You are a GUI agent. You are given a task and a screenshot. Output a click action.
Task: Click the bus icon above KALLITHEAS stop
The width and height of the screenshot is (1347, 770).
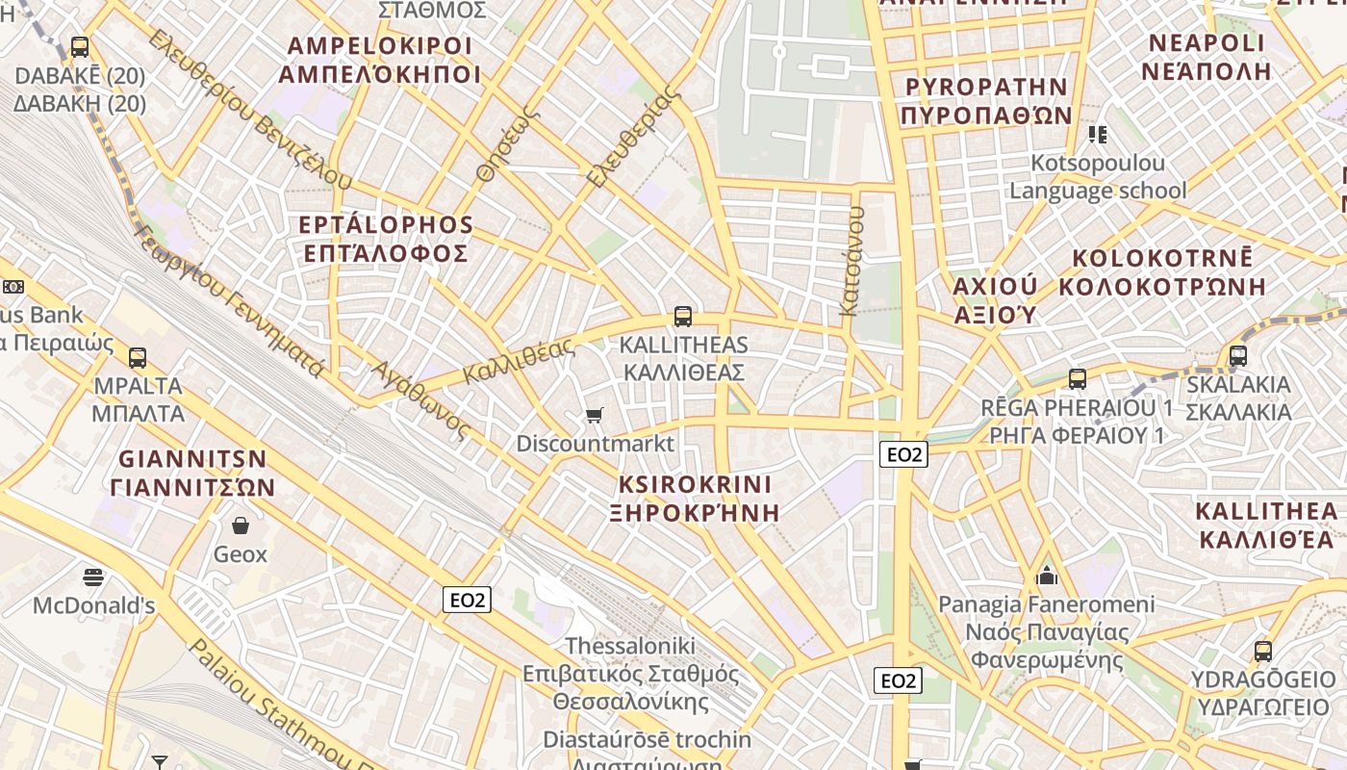tap(683, 316)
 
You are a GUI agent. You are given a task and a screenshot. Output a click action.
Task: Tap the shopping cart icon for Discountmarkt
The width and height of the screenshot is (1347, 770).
tap(594, 416)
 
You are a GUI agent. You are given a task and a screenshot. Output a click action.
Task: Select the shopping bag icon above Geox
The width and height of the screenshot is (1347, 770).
tap(241, 526)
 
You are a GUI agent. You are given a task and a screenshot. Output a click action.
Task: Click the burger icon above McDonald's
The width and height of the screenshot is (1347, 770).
tap(93, 577)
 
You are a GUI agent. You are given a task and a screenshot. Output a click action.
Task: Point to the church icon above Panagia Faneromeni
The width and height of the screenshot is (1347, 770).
tap(1047, 577)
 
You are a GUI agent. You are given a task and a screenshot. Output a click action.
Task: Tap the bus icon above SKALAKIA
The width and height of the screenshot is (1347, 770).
tap(1238, 356)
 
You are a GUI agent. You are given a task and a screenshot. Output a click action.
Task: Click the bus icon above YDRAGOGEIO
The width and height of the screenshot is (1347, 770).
tap(1263, 652)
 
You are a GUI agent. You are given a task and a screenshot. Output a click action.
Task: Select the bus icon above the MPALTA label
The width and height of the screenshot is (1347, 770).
tap(138, 358)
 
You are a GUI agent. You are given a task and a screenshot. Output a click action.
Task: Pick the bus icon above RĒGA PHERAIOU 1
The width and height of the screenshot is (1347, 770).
tap(1078, 379)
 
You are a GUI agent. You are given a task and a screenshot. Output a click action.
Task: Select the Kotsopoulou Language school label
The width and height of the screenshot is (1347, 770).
tap(1098, 177)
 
